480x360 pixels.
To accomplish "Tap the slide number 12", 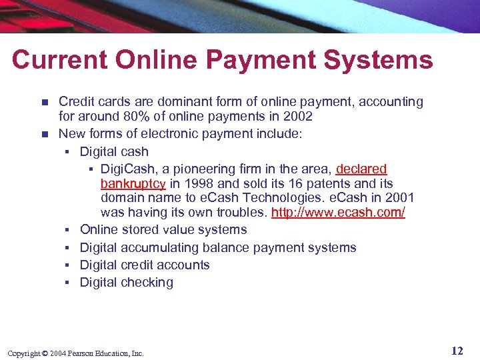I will coord(457,351).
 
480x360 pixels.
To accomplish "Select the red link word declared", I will coord(361,169).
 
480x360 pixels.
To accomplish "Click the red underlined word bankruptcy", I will coord(133,183).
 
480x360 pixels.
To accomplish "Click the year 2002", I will coord(299,117).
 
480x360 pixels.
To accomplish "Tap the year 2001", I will coord(399,198).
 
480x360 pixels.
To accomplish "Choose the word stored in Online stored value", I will coord(140,230).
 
